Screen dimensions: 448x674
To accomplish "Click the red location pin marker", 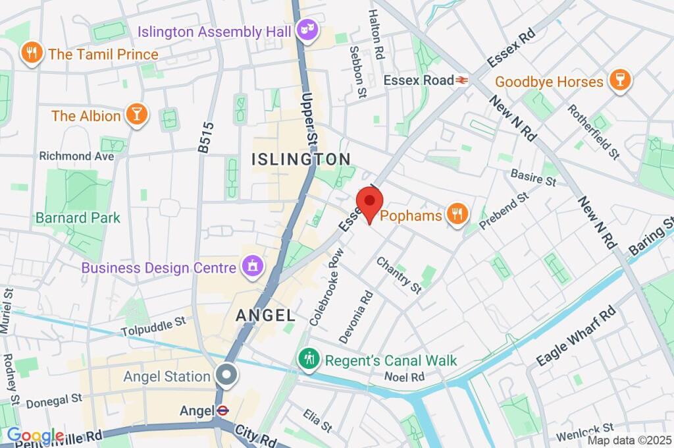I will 369,202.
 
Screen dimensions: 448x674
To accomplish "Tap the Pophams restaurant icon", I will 456,213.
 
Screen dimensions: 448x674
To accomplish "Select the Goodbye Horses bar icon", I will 619,81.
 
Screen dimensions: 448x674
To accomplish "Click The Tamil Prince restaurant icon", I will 31,53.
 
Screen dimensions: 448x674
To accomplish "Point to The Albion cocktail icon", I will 136,115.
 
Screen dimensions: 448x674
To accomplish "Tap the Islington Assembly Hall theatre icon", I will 306,30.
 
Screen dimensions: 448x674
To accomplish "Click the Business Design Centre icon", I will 251,267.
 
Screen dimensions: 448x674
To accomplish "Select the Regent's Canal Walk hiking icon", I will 307,360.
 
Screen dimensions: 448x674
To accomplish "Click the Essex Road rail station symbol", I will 463,80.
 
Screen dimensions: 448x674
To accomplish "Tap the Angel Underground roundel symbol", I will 222,410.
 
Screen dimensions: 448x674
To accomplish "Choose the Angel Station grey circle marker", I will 226,376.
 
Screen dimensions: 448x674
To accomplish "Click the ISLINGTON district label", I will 301,159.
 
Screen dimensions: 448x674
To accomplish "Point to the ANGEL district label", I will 261,316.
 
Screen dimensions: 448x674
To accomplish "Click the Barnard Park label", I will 78,217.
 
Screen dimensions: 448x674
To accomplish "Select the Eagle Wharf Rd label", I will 575,336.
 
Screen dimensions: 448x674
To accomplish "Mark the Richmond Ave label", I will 76,156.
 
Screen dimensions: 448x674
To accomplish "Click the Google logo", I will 35,436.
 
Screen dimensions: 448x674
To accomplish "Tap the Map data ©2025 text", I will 629,440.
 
